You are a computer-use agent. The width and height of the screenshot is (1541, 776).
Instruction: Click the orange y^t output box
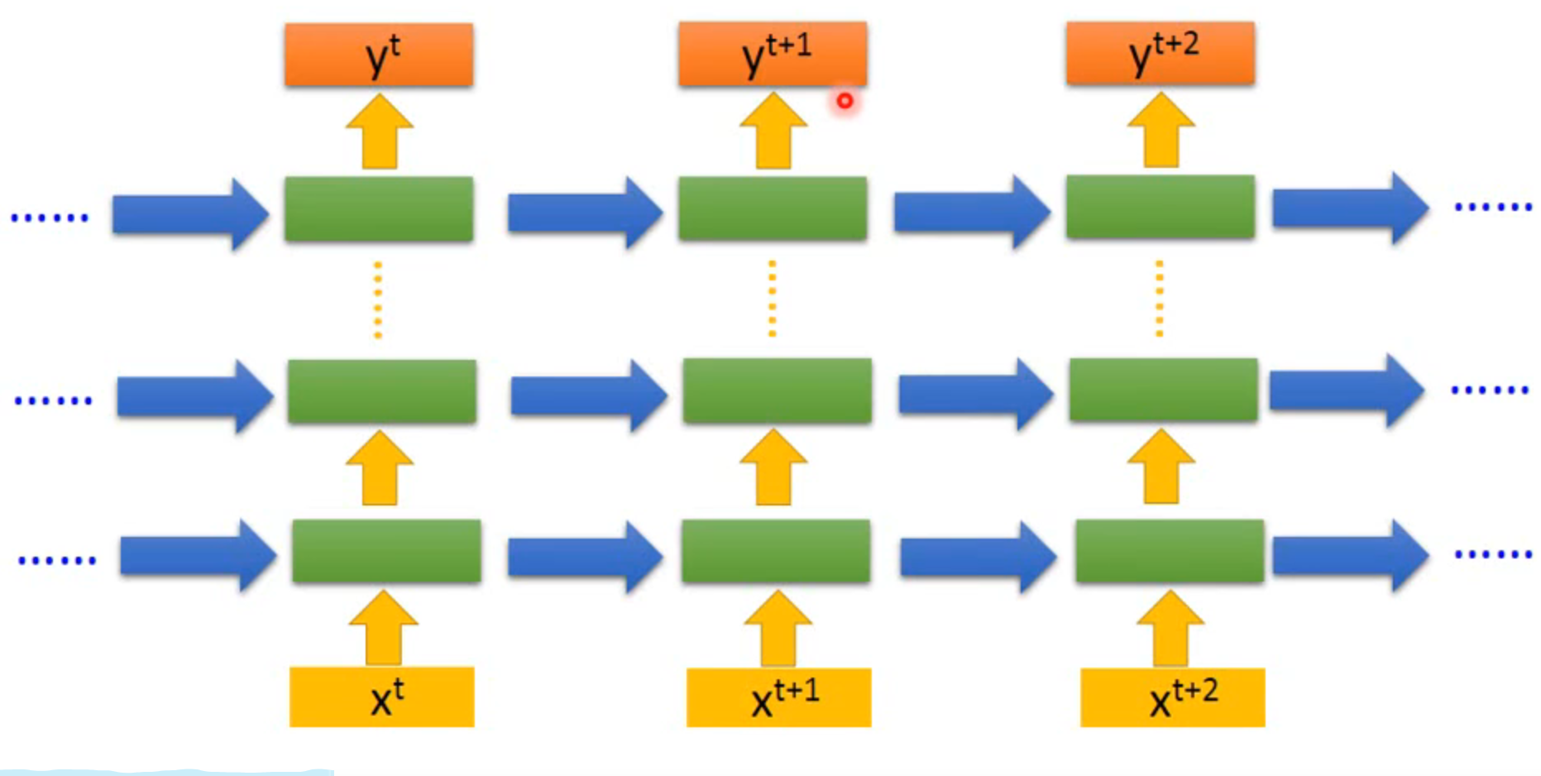coord(379,55)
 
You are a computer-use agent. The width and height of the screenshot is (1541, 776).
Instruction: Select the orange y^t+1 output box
coord(773,55)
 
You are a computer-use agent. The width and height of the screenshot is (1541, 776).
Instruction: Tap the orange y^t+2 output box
coord(1160,54)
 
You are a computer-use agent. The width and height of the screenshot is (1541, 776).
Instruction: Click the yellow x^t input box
coord(381,697)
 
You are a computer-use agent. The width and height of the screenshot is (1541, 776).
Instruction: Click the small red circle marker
coord(845,101)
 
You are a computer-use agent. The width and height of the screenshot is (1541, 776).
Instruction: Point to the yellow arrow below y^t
coord(380,132)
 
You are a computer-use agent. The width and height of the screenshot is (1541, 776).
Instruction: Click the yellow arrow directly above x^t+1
coord(778,628)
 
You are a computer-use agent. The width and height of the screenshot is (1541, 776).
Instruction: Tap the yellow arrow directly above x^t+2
coord(1170,628)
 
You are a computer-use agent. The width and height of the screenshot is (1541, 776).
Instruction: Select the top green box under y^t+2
coord(1160,207)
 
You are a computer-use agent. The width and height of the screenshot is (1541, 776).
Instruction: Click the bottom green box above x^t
coord(386,551)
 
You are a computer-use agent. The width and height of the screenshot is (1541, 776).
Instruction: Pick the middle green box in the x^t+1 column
coord(777,390)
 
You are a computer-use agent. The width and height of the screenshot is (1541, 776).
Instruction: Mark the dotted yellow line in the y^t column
coord(378,299)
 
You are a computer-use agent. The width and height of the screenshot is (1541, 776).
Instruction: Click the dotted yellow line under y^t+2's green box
coord(1160,299)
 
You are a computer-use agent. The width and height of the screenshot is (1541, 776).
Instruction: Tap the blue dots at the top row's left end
coord(50,218)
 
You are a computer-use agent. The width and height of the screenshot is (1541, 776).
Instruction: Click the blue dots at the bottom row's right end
coord(1493,554)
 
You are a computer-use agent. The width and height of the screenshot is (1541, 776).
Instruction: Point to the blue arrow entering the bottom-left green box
coord(198,555)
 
